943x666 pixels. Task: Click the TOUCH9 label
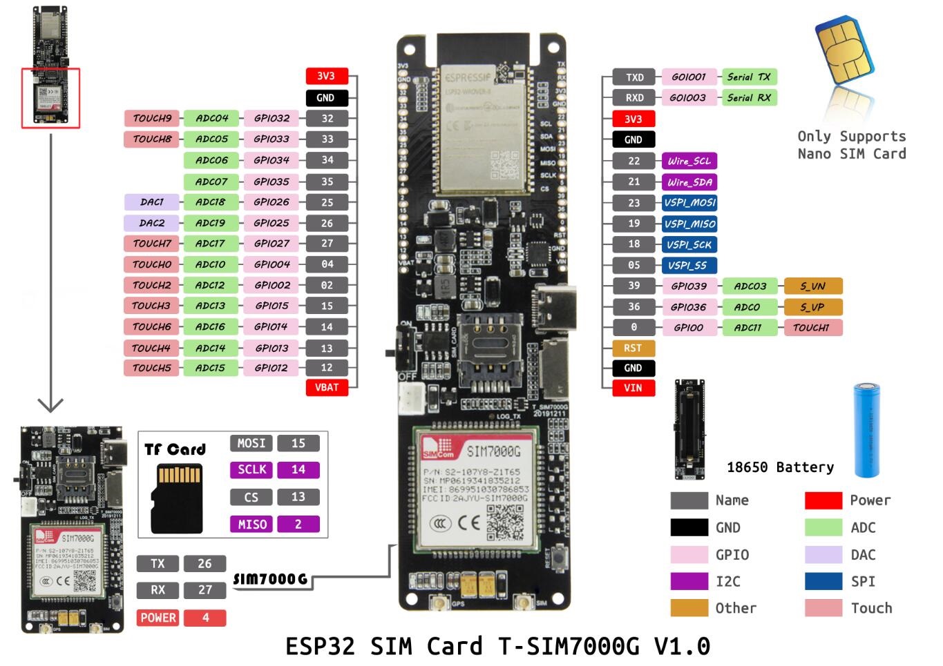[x=151, y=118]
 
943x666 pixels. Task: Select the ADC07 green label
[x=211, y=182]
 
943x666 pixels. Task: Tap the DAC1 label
[x=151, y=202]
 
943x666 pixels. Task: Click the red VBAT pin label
[x=327, y=387]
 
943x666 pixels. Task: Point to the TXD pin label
[x=634, y=77]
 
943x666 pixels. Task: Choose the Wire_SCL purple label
[x=689, y=161]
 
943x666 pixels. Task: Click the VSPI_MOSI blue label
[x=689, y=203]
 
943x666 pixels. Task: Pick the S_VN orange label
[x=812, y=286]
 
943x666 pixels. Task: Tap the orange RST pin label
[x=633, y=348]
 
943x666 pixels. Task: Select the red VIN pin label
[x=633, y=388]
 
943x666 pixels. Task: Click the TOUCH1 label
[x=812, y=328]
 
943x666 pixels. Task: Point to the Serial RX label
[x=748, y=98]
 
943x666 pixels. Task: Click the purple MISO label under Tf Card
[x=251, y=525]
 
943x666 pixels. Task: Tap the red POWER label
[x=158, y=618]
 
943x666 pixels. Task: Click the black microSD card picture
[x=176, y=498]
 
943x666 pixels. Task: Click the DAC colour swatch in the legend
[x=823, y=555]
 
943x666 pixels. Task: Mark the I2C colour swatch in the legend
[x=689, y=581]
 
